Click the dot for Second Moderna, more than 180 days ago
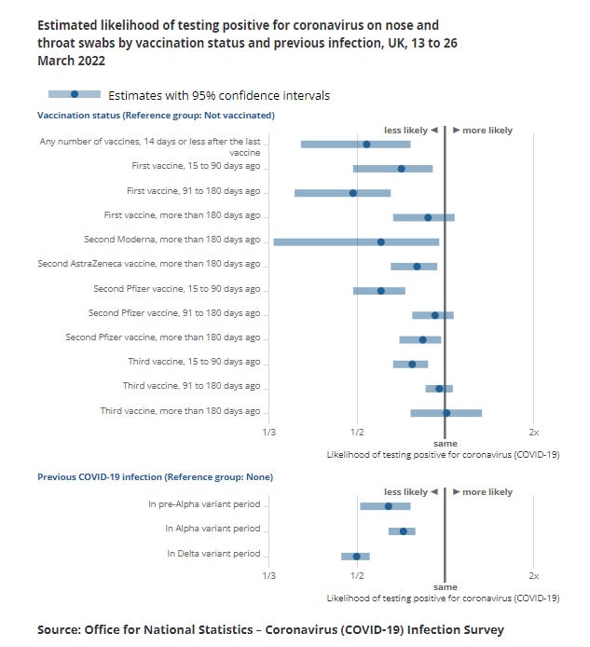coord(380,241)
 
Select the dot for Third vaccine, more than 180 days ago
coord(446,412)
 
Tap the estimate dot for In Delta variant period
coord(356,557)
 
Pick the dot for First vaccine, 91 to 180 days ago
coord(352,193)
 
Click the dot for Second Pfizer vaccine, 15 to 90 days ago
coord(380,290)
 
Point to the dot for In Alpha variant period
coord(403,531)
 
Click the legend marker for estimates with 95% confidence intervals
coord(75,94)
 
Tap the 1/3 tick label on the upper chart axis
coord(269,433)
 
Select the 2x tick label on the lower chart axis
coord(533,576)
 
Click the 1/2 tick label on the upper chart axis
coord(356,433)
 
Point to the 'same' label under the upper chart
coord(445,444)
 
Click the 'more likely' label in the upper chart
coord(487,131)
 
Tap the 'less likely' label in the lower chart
coord(405,491)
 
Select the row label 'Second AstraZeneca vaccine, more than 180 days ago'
coord(149,265)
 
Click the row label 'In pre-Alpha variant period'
coord(204,504)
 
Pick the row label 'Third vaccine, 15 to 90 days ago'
coord(194,362)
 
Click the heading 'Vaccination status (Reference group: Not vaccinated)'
coord(156,115)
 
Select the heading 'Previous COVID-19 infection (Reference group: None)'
coord(155,476)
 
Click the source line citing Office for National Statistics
coord(269,630)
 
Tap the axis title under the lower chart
coord(443,598)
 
